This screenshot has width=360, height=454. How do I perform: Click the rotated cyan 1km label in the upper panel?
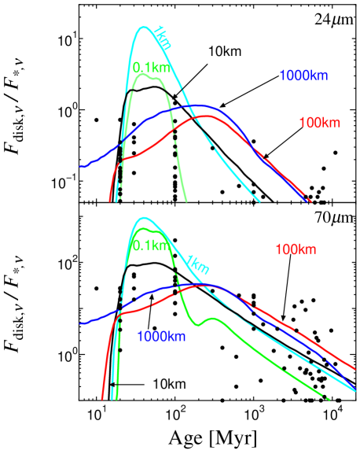[163, 37]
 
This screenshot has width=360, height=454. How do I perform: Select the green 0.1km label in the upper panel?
[151, 67]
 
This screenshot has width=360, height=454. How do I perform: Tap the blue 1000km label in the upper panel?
[303, 76]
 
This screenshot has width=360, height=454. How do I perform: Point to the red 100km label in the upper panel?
[319, 123]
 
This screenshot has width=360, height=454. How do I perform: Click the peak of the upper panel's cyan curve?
[145, 28]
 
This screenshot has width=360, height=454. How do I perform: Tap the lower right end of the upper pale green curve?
[186, 201]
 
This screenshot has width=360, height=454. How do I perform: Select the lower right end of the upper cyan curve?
[259, 201]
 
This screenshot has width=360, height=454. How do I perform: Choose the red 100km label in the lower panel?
[296, 249]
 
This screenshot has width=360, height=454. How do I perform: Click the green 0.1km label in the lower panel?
[151, 245]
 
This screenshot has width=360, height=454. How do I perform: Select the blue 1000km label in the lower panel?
[161, 337]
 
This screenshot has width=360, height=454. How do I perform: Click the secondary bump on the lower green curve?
[209, 319]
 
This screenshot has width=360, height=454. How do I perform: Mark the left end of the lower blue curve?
[81, 323]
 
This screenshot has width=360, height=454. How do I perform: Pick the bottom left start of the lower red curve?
[102, 399]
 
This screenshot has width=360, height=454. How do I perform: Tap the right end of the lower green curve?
[329, 400]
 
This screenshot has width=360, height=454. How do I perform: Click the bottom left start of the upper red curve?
[110, 201]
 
